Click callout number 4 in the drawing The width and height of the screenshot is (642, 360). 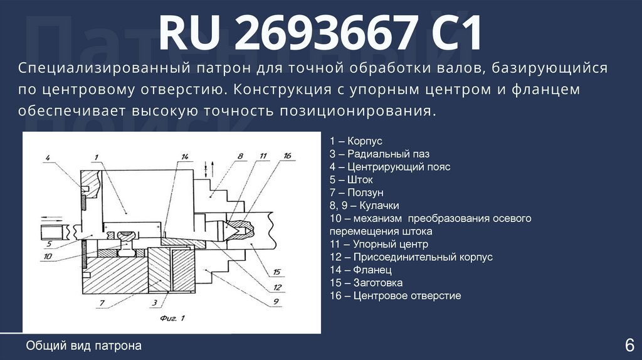tap(47, 156)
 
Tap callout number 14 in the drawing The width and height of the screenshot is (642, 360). tap(184, 156)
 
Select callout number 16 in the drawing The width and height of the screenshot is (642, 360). tap(287, 156)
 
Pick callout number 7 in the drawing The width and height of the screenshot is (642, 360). tap(102, 303)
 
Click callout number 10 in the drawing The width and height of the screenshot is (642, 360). tap(48, 255)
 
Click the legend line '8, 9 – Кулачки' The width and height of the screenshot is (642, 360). tap(364, 206)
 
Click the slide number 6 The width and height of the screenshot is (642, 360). tap(629, 344)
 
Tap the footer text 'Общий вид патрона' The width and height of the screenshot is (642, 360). tap(84, 346)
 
